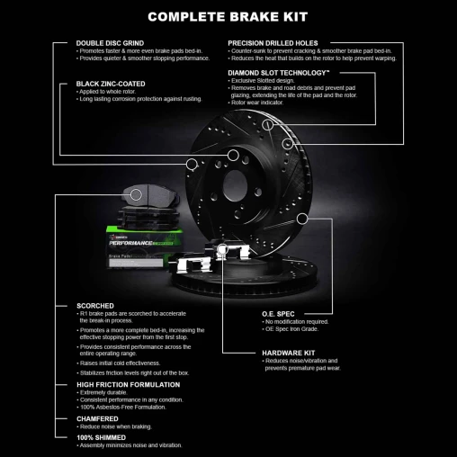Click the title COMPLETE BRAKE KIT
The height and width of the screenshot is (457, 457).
click(228, 15)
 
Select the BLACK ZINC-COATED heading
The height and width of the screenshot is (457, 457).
click(112, 84)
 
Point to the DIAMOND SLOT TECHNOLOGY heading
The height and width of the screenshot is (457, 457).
click(278, 71)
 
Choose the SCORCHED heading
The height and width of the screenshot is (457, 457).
click(97, 306)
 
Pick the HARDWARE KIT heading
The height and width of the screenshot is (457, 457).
click(288, 353)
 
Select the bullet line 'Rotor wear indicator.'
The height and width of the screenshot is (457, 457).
click(262, 102)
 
